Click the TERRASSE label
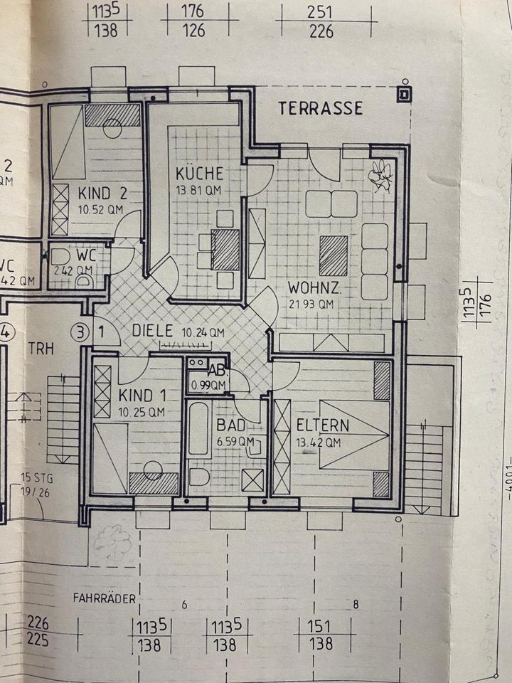point(320,108)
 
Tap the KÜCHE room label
point(200,173)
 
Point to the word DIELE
point(154,331)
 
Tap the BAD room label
point(231,425)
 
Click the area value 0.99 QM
point(208,386)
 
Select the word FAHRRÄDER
point(104,598)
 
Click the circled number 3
point(82,331)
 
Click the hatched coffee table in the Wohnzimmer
point(333,255)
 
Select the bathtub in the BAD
point(198,428)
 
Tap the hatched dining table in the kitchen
point(226,250)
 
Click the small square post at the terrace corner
point(404,93)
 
